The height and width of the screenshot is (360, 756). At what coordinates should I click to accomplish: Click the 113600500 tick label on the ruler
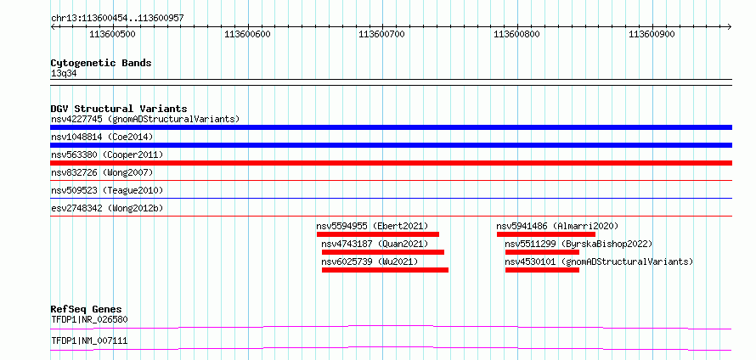pos(112,34)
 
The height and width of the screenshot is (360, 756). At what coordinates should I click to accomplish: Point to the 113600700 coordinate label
pos(382,34)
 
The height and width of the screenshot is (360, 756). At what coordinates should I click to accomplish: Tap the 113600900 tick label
pos(652,34)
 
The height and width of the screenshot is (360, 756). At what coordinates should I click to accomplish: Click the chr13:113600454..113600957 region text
pos(117,19)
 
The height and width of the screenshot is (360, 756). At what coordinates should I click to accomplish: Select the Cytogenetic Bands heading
pos(101,63)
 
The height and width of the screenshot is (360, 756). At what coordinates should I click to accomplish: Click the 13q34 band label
pos(64,74)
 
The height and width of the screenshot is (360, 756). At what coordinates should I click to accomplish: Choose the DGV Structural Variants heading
pos(119,109)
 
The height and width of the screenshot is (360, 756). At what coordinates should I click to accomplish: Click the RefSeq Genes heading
pos(87,309)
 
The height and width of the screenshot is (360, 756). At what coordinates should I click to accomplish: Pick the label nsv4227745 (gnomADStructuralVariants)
pos(145,119)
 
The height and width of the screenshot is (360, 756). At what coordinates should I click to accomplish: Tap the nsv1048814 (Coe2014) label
pos(102,137)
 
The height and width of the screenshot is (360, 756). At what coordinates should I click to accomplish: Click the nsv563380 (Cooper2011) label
pos(107,155)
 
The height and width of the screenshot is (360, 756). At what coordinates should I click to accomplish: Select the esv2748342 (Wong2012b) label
pos(107,209)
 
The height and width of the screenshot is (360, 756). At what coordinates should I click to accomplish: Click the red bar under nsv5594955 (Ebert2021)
pos(378,234)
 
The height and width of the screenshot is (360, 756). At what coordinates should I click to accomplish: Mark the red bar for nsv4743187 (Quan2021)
pos(383,252)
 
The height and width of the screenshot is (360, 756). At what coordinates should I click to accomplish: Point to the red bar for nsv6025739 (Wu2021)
pos(386,270)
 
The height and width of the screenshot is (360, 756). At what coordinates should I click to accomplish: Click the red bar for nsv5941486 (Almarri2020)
pos(546,234)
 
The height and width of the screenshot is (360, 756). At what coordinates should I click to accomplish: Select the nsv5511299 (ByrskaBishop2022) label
pos(578,244)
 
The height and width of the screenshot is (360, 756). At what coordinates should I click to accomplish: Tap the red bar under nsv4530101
pos(542,270)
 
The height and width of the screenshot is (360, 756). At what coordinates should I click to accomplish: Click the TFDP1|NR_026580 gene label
pos(89,319)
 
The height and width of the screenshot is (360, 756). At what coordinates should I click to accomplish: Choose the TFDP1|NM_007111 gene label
pos(89,341)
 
